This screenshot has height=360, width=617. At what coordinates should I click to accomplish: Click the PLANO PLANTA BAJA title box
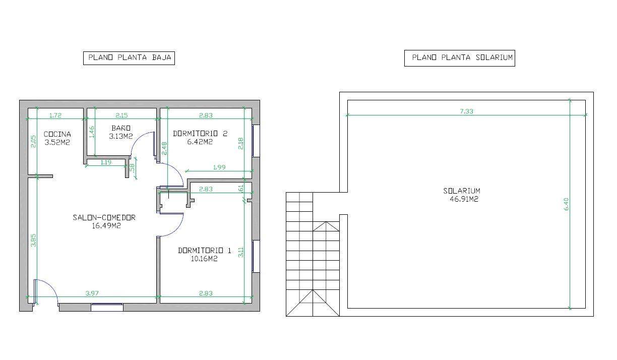[x=129, y=58]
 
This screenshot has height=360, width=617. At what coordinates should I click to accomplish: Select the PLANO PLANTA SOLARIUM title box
[x=459, y=58]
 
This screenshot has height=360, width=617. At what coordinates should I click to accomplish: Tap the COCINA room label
[x=57, y=134]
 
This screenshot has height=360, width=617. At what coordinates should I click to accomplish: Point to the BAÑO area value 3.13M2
[x=121, y=136]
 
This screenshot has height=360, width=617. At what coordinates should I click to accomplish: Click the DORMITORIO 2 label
[x=200, y=134]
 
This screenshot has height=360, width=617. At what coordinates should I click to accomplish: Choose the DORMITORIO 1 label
[x=205, y=251]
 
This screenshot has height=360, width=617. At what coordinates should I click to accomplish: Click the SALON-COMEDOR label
[x=104, y=218]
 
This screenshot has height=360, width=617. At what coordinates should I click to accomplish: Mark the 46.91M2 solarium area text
[x=464, y=199]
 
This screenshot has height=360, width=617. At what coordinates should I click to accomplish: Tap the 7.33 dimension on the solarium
[x=466, y=111]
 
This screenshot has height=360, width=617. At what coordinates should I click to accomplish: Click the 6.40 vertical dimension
[x=566, y=204]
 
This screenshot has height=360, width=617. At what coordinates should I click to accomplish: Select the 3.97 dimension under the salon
[x=92, y=293]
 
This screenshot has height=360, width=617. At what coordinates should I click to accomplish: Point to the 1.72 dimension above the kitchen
[x=55, y=115]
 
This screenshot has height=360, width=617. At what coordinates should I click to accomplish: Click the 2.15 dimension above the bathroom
[x=121, y=115]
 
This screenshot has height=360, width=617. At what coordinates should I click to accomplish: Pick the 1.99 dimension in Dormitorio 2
[x=219, y=167]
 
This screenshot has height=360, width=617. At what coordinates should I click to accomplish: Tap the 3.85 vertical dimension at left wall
[x=33, y=241]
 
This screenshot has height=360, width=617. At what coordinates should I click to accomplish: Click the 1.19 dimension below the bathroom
[x=106, y=162]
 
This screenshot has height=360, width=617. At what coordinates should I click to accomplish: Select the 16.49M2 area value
[x=106, y=226]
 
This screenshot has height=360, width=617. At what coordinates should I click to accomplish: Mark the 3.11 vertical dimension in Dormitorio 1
[x=241, y=252]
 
